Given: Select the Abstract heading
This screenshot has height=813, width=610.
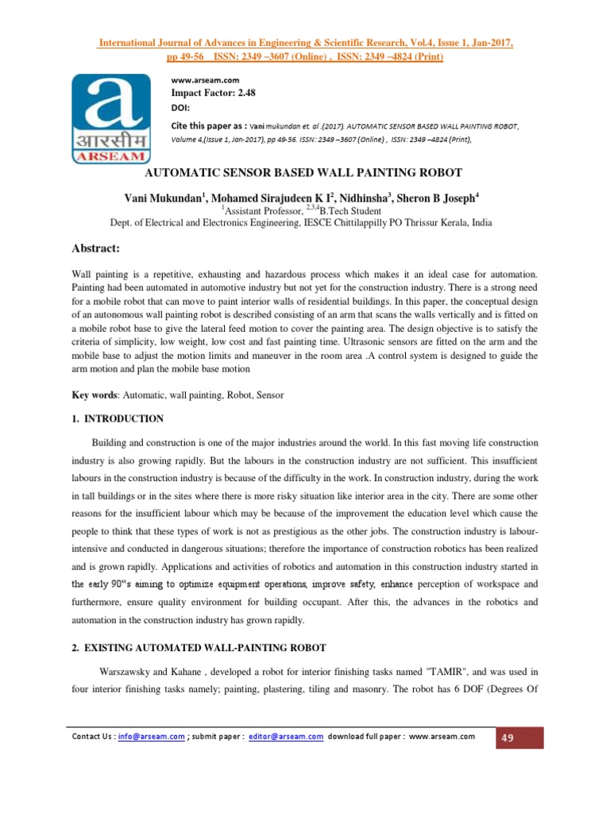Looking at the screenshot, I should tap(95, 249).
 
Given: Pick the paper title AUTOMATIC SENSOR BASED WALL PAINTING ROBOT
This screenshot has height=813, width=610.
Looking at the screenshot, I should tap(305, 171).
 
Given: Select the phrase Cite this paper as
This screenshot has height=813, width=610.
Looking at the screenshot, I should tap(209, 125).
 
